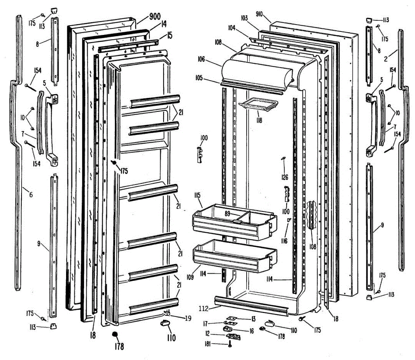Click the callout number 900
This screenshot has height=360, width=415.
coord(155,16)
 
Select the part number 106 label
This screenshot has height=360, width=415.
coord(201,59)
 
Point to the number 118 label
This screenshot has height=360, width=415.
coord(259,120)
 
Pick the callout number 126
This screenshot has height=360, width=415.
coord(284,177)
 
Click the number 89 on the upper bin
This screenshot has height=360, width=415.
coord(227,214)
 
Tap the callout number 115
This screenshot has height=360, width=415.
coord(197,196)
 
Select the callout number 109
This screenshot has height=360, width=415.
coord(190,278)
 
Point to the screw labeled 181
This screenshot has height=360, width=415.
coord(230,344)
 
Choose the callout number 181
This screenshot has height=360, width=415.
coord(207,344)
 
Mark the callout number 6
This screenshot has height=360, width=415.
coord(31,195)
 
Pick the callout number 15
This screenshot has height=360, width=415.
coord(169,35)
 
